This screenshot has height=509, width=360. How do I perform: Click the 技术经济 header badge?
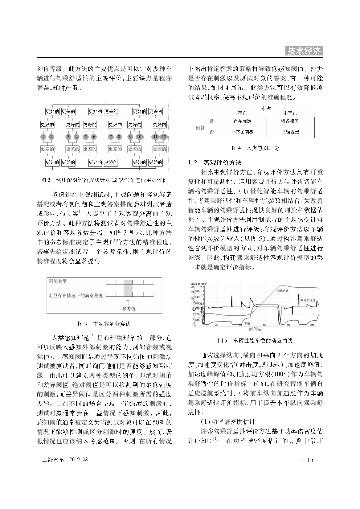click(304, 51)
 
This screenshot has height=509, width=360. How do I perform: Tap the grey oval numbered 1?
click(43, 137)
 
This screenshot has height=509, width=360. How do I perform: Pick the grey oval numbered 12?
click(164, 137)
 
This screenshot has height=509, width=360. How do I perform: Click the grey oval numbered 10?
click(139, 137)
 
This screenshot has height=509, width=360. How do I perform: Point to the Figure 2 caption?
click(105, 180)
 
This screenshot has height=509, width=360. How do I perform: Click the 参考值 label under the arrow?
click(128, 309)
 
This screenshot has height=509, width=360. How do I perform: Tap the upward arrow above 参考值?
click(128, 302)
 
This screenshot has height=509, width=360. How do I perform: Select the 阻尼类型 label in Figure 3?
click(58, 281)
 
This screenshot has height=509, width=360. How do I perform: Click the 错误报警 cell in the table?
click(290, 121)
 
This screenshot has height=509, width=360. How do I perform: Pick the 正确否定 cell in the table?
click(290, 132)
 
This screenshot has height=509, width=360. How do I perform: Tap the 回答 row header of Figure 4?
click(200, 127)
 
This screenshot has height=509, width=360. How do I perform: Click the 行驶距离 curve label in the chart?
click(282, 291)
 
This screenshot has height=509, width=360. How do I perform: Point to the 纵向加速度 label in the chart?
click(308, 300)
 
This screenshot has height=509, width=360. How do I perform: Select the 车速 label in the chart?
click(247, 323)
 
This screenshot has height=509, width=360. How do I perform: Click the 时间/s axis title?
click(255, 329)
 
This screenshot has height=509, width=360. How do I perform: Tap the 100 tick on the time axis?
click(311, 325)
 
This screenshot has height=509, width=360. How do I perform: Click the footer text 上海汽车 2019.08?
click(65, 460)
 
